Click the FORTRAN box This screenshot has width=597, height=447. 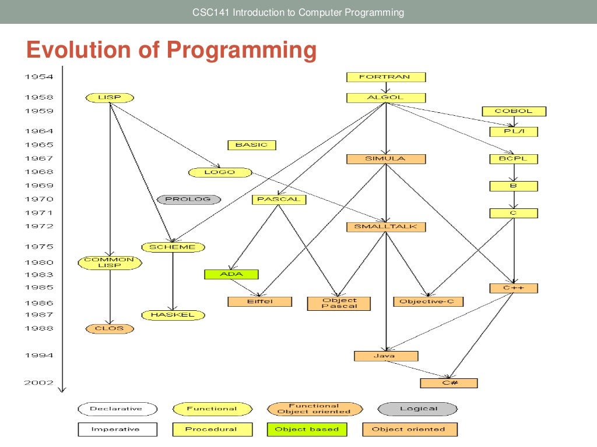[x=386, y=77]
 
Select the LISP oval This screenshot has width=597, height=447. [x=110, y=98]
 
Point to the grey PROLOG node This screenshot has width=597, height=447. [x=189, y=200]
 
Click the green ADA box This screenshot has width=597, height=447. [x=231, y=275]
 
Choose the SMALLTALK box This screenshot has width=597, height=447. [x=386, y=227]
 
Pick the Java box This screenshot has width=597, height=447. [x=386, y=356]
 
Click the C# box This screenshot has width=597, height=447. [x=448, y=383]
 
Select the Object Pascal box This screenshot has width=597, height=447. [x=339, y=303]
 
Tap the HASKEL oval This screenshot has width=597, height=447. [x=173, y=315]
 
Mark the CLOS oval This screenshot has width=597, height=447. [x=110, y=329]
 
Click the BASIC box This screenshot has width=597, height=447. [x=251, y=145]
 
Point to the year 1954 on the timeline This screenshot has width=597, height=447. [x=38, y=77]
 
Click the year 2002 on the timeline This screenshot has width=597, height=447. [x=38, y=383]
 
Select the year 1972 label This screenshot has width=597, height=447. [x=38, y=226]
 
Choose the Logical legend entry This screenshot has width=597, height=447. [x=418, y=409]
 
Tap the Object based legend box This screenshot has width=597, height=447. [x=307, y=430]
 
